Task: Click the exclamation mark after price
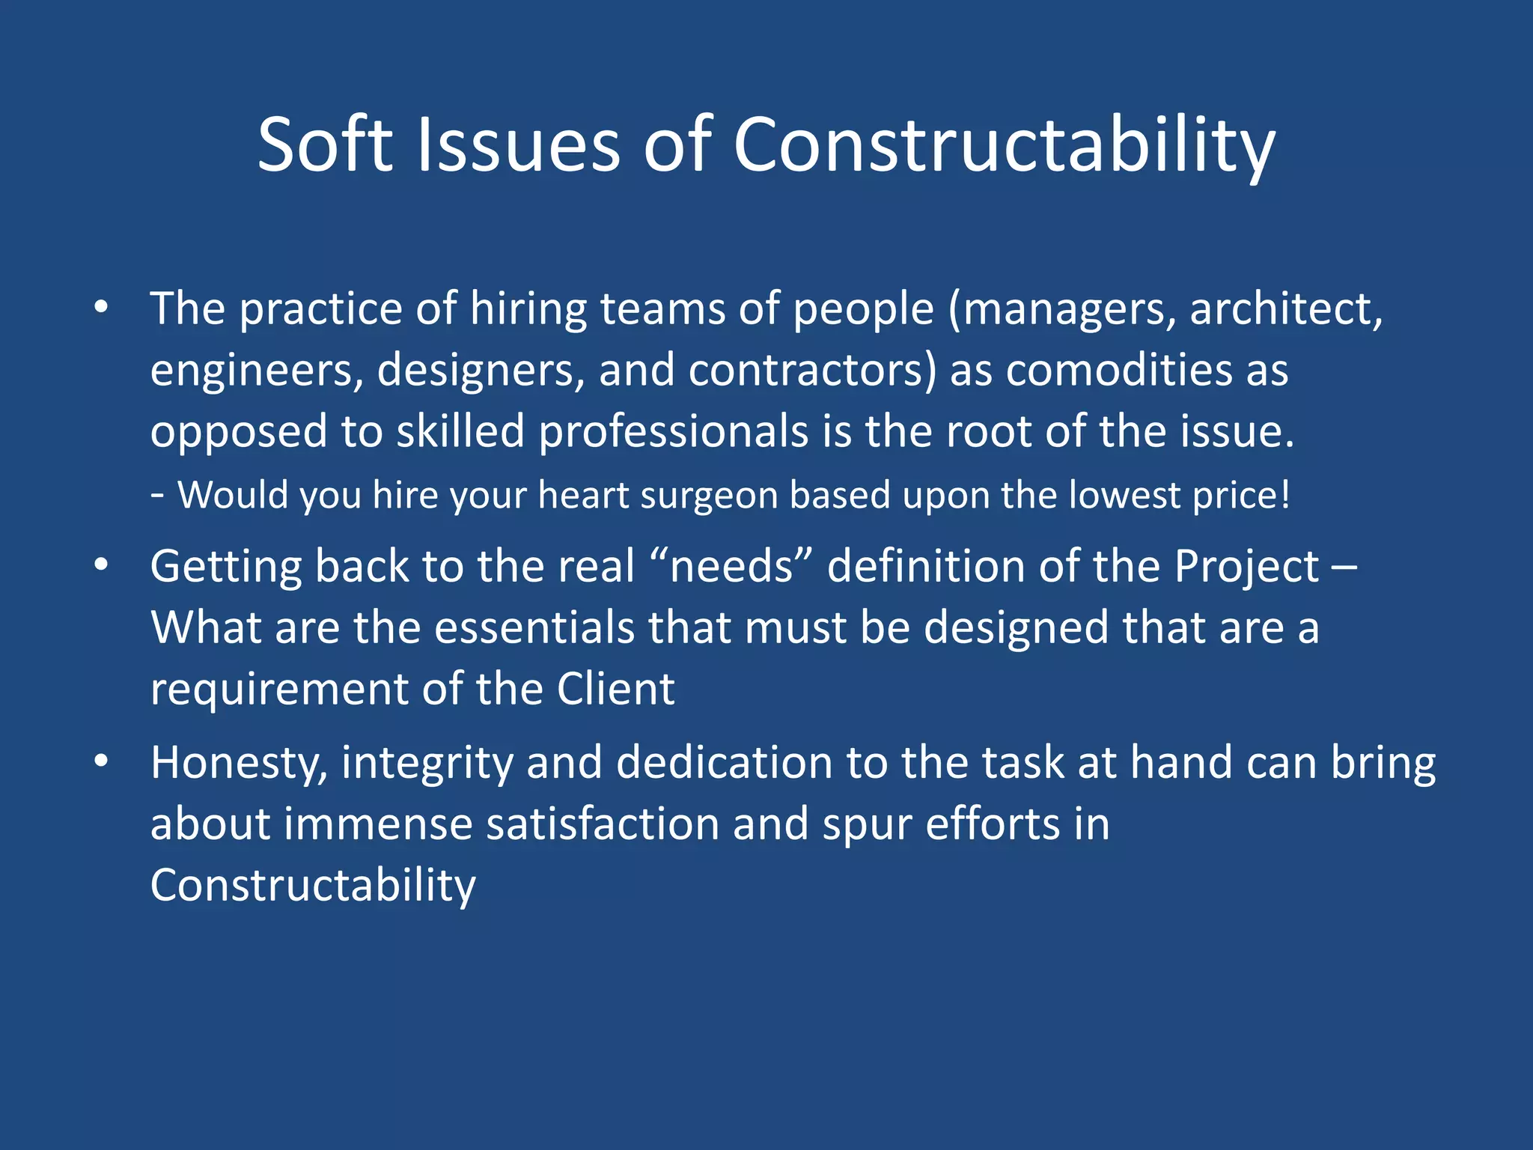[1285, 495]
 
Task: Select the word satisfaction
[602, 824]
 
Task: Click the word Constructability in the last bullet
[313, 885]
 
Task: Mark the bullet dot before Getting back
[101, 565]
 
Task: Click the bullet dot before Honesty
[101, 761]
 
